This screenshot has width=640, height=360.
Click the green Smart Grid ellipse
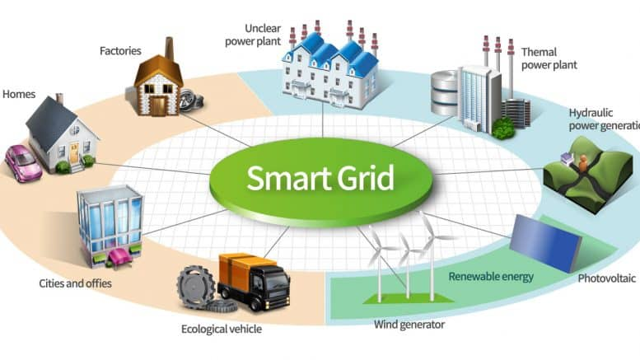coord(320,181)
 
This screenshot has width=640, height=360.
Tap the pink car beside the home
coord(23,163)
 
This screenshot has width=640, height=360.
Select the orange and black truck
coord(254,281)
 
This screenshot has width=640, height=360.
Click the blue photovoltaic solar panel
coord(546,243)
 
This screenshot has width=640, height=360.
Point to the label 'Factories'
coord(120,51)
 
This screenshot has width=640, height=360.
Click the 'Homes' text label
coord(19,94)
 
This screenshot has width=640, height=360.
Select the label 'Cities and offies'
coord(75,283)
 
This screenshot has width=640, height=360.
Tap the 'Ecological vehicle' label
coord(222,329)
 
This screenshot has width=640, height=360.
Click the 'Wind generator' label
coord(409,325)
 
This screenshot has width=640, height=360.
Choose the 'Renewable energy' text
coord(491,277)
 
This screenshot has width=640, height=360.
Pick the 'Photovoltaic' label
coord(606,278)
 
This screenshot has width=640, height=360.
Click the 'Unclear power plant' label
coord(253,35)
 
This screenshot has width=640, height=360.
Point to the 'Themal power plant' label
coord(549,58)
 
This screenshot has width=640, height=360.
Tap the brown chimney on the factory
coord(169,49)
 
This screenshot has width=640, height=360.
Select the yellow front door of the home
coord(74,153)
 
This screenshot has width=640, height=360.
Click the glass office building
coord(110,226)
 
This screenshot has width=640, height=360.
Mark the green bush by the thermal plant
coord(502,129)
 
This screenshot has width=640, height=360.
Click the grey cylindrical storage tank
coord(445,92)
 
